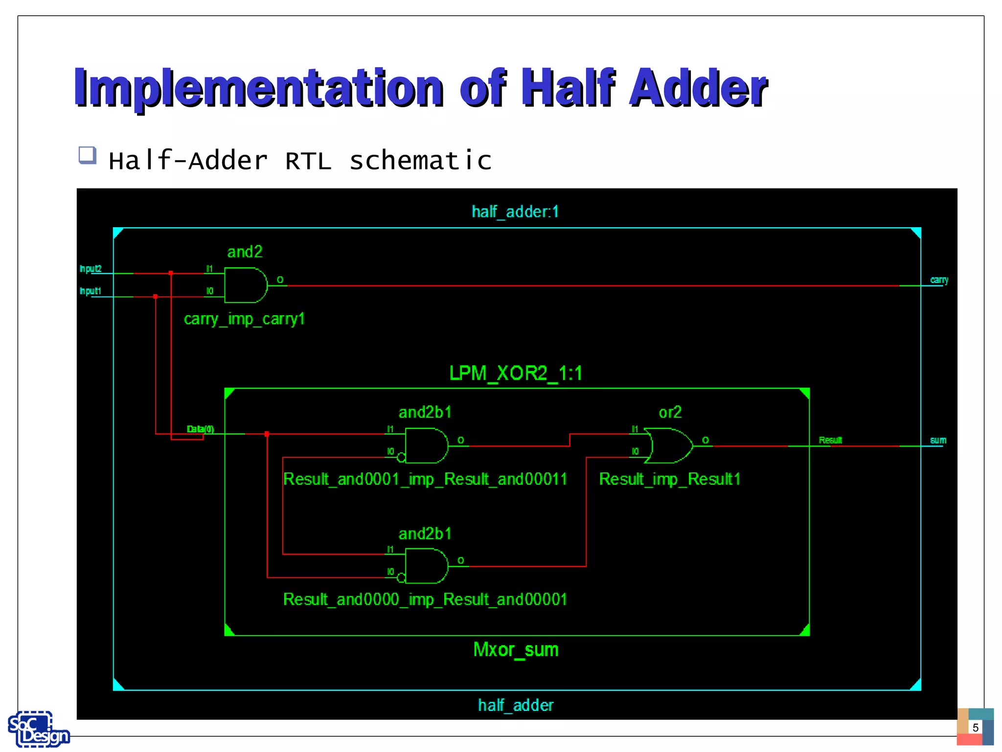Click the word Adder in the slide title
[x=698, y=88]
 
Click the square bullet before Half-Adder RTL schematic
[x=88, y=155]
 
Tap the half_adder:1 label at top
[x=515, y=211]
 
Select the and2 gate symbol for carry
[x=245, y=285]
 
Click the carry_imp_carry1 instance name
[x=244, y=319]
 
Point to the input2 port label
[x=91, y=269]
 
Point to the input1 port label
[x=91, y=291]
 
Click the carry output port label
[x=939, y=280]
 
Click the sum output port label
[x=938, y=440]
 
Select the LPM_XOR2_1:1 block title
[x=516, y=374]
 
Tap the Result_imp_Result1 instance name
[x=669, y=479]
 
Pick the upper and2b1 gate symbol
[x=426, y=446]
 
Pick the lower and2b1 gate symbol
[x=426, y=566]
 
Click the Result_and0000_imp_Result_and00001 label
[x=425, y=599]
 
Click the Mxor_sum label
[x=516, y=650]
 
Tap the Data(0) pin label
[x=200, y=429]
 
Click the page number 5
[x=975, y=728]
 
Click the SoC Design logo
[x=38, y=729]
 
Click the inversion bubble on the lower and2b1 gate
[x=401, y=578]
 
